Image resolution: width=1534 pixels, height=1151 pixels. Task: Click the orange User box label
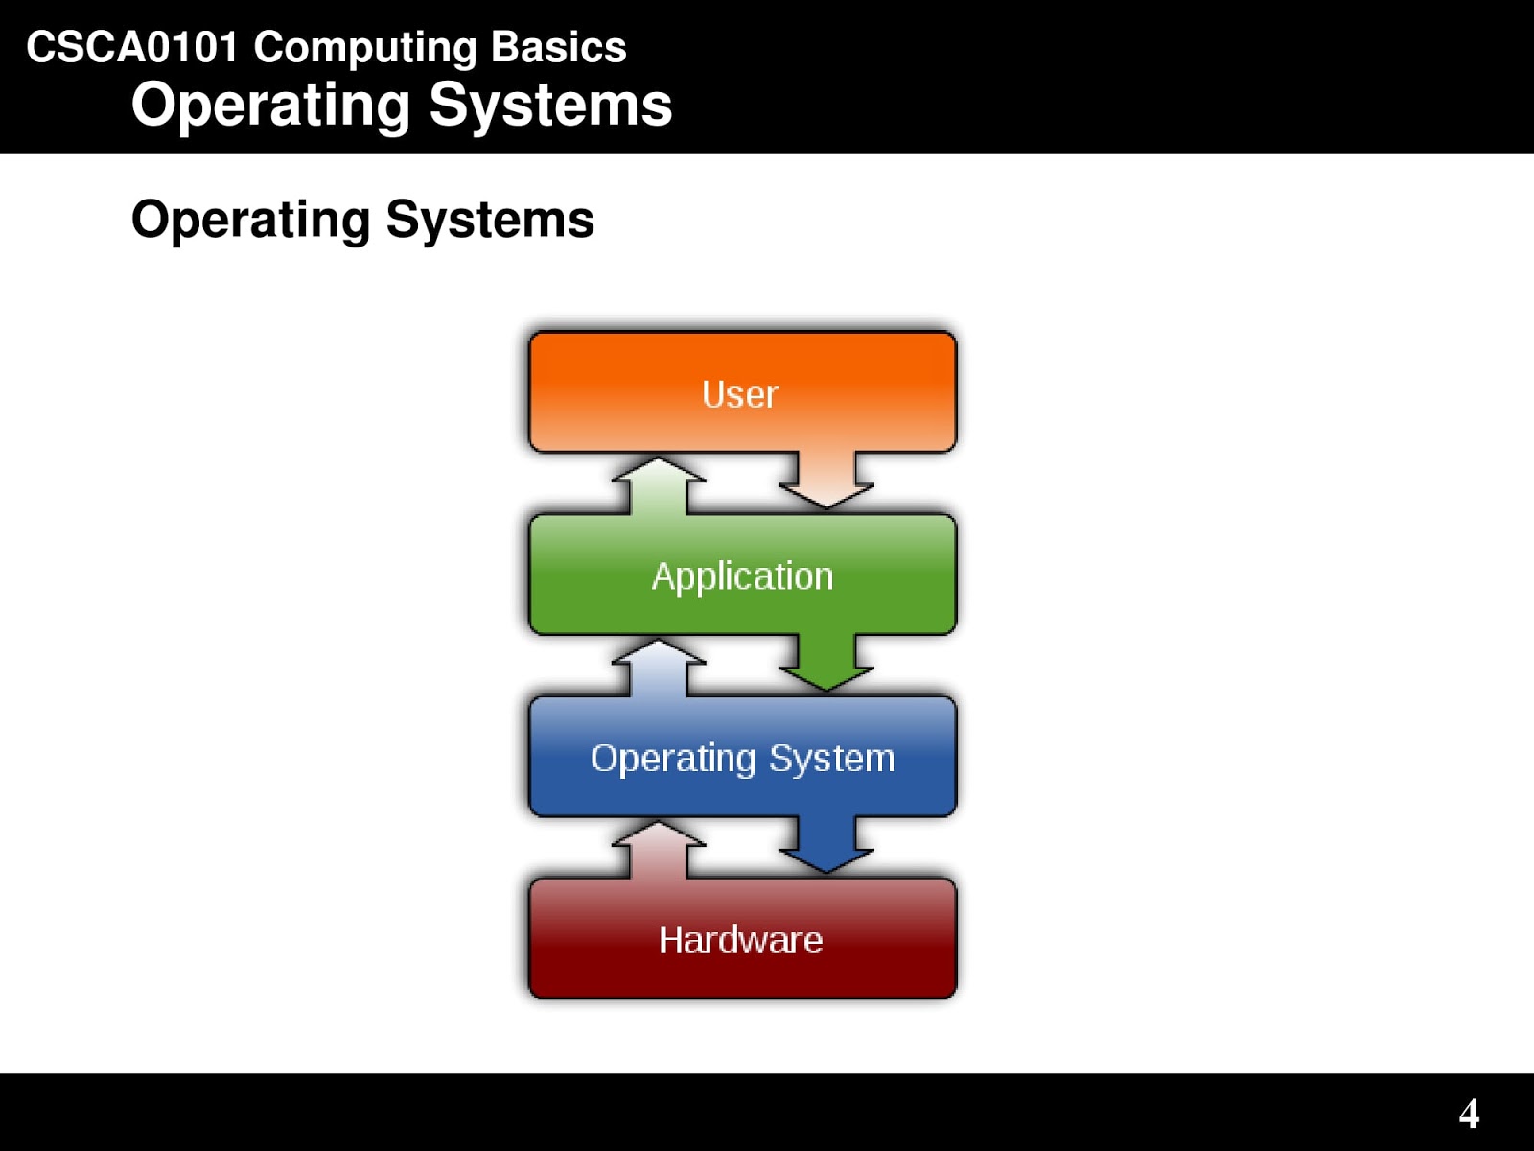click(740, 394)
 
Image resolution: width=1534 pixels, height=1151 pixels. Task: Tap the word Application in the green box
click(742, 576)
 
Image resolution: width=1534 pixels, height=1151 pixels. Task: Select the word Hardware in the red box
click(740, 940)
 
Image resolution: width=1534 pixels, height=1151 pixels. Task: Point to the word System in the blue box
click(831, 759)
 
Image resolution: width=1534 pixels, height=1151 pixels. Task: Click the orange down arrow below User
click(826, 480)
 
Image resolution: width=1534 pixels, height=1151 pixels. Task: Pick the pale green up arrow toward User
click(659, 484)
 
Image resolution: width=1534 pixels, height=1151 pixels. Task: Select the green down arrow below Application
click(826, 662)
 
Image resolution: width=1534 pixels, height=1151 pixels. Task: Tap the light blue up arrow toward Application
click(659, 667)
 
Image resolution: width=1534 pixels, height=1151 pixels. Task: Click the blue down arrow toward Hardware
click(826, 844)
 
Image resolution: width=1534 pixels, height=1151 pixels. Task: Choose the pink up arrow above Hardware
click(659, 849)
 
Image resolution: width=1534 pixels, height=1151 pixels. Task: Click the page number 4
click(1469, 1114)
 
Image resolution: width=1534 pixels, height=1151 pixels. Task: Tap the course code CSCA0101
click(131, 47)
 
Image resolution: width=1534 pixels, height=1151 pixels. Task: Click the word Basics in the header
click(558, 47)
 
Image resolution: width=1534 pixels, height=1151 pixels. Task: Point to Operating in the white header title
click(270, 106)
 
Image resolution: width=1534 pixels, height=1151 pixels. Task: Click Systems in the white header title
click(550, 105)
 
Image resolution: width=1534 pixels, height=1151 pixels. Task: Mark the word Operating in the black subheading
click(250, 221)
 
